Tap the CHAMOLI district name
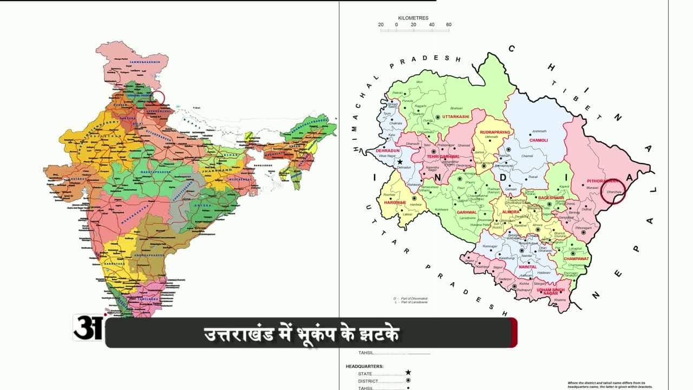point(539,140)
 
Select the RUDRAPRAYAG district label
point(495,132)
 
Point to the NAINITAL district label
point(528,267)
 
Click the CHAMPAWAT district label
point(576,259)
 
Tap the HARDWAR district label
point(395,203)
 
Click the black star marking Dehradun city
point(400,162)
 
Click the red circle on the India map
point(157,98)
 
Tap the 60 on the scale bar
point(448,25)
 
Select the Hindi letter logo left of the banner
point(88,327)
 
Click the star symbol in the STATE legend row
point(408,373)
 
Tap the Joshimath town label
point(539,131)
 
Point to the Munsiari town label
point(592,187)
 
